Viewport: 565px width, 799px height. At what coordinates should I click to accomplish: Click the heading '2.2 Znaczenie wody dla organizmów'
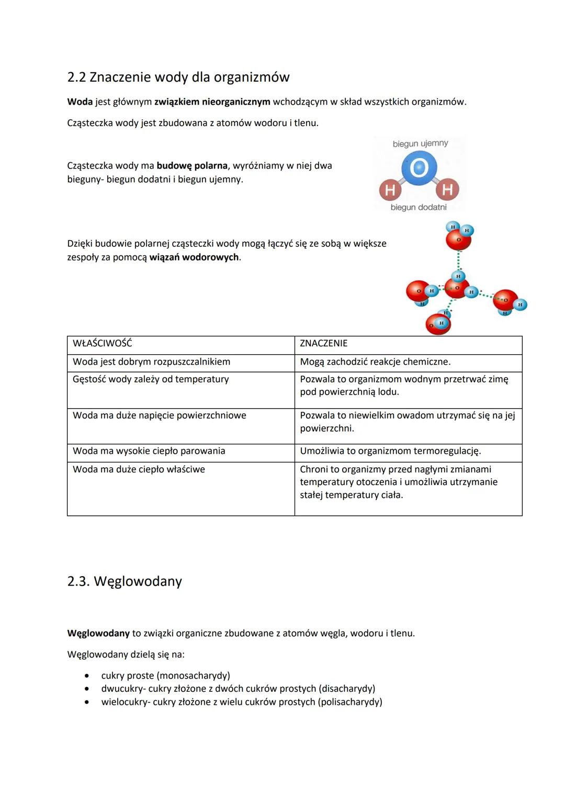tap(178, 77)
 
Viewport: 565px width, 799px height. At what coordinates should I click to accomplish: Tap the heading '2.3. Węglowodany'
tap(125, 581)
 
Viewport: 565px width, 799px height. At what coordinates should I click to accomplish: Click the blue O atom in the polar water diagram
tap(419, 168)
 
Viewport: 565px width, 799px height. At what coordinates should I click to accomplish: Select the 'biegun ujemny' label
tap(420, 143)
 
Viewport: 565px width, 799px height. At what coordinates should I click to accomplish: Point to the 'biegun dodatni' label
tap(419, 207)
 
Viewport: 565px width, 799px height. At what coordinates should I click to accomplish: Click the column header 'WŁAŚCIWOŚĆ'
tap(103, 343)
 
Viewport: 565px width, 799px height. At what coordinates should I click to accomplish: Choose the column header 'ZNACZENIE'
tap(323, 343)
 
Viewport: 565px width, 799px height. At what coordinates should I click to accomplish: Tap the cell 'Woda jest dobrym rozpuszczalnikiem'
tap(151, 362)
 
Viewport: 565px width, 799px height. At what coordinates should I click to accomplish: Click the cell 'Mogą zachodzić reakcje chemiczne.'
tap(375, 362)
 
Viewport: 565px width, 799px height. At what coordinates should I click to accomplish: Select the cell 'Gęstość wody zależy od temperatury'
tap(151, 379)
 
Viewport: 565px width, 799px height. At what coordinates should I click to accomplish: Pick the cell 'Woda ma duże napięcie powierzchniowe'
tap(159, 415)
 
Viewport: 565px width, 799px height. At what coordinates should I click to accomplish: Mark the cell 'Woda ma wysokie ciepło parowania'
tap(149, 451)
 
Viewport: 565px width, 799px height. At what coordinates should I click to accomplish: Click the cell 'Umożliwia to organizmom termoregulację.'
tap(390, 451)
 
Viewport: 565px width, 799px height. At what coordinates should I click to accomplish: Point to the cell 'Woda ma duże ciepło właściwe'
tap(139, 469)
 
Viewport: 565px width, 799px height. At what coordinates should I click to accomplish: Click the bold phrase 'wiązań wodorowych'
tap(194, 257)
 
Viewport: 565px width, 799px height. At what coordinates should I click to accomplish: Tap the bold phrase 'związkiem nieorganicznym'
tap(212, 102)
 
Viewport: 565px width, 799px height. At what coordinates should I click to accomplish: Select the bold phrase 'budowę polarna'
tap(192, 166)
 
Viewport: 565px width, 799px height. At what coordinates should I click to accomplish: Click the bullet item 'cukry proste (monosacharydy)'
tap(165, 676)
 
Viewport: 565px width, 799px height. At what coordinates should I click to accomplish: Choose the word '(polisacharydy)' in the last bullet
tap(350, 702)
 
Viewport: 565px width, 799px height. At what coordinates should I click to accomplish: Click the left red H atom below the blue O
tap(390, 189)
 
